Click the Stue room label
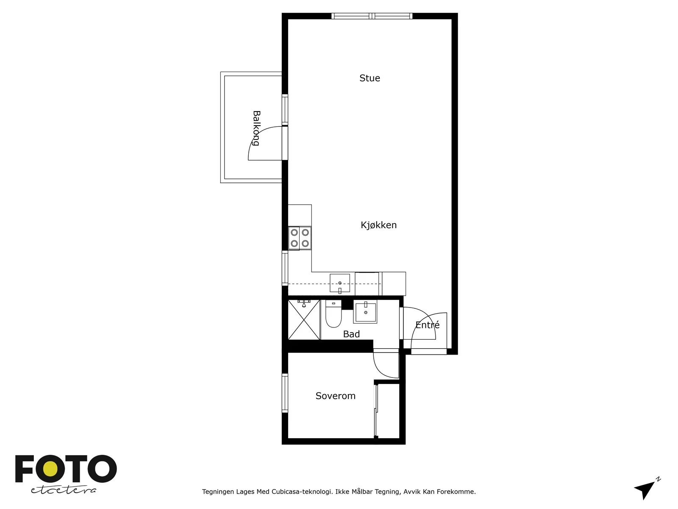370,78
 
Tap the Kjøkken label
378,225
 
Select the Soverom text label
336,396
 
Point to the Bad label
351,334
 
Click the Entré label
427,324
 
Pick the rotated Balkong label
256,128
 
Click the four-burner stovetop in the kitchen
300,238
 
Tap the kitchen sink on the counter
340,283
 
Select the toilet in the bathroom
333,313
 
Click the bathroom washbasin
365,312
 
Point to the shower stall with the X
304,319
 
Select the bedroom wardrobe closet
387,411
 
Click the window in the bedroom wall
285,393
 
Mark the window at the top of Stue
372,16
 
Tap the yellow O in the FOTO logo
50,469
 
